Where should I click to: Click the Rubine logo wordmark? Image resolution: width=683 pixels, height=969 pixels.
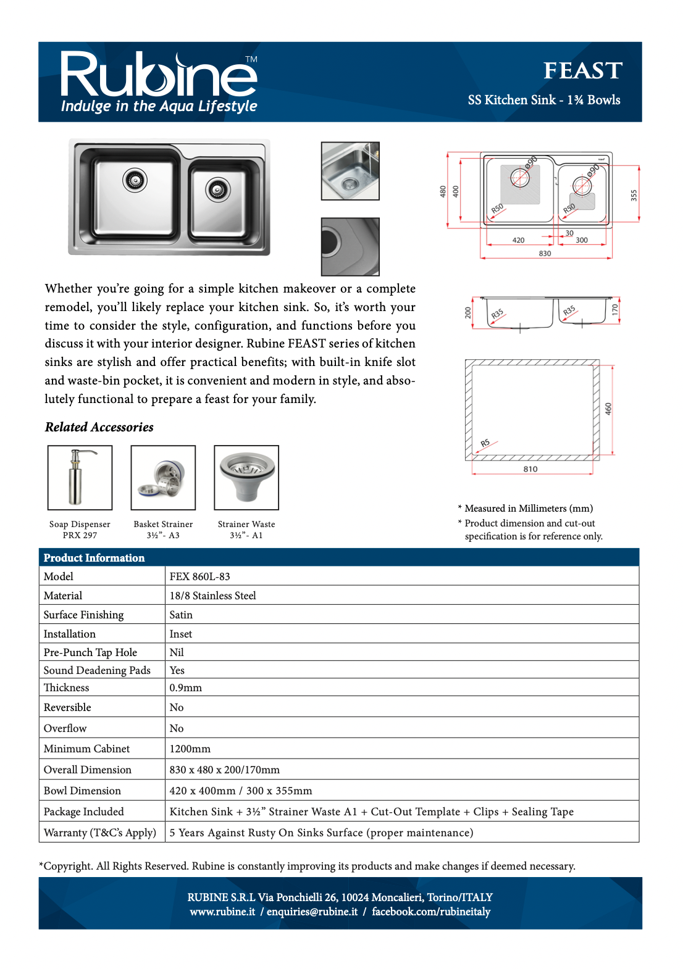159,76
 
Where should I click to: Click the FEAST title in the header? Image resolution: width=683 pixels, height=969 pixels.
582,71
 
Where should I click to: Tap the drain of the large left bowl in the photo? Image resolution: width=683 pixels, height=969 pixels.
135,180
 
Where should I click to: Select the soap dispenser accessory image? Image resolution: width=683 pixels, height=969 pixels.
80,478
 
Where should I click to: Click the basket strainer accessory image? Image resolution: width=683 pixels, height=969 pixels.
163,478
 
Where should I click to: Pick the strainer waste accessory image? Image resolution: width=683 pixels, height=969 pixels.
246,478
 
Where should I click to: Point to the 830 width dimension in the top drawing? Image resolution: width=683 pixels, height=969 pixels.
545,254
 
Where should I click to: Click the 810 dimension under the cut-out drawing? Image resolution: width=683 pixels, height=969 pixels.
530,469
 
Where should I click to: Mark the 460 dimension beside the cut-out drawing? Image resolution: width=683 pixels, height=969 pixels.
608,409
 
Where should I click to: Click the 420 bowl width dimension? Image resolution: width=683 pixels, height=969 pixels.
519,240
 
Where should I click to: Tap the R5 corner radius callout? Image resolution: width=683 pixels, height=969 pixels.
485,443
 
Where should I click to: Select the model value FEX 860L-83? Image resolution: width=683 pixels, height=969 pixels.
200,576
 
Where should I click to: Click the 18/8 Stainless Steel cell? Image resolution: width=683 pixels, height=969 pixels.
213,596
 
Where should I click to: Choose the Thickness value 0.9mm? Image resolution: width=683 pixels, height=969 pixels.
186,688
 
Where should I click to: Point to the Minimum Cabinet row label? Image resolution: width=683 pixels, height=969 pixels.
87,749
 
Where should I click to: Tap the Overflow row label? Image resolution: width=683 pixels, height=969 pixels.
65,728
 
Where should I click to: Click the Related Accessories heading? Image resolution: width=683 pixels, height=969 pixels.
99,427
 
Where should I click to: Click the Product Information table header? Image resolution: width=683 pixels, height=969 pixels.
94,558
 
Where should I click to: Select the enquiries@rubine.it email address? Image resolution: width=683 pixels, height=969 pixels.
312,912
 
